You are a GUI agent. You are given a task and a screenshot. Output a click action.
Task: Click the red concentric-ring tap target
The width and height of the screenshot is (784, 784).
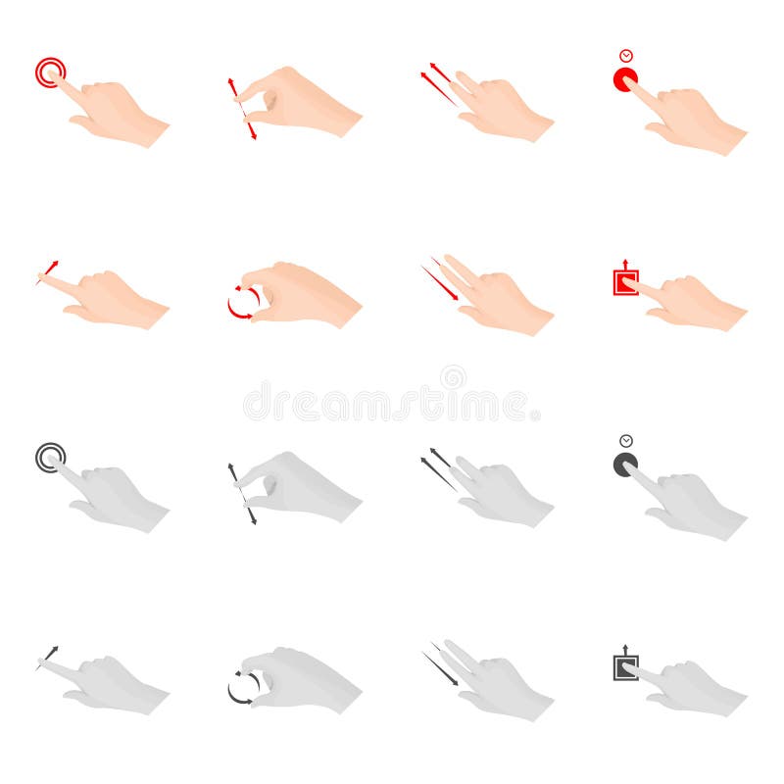pos(50,72)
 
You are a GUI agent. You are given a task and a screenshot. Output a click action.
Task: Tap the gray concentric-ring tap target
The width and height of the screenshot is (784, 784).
pos(50,457)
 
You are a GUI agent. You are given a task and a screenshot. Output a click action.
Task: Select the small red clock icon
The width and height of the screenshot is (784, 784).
pos(625,56)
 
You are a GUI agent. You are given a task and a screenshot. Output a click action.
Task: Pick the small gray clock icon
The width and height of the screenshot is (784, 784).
pos(625,441)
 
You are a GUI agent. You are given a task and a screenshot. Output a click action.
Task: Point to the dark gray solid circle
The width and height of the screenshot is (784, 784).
pos(624,465)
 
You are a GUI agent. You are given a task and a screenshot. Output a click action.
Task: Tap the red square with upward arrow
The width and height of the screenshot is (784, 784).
pos(624,281)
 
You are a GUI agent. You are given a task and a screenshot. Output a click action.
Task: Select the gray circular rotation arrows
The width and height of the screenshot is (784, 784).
pos(243,687)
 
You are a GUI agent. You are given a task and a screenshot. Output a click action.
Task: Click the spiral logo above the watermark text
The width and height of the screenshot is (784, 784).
pos(453,377)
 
